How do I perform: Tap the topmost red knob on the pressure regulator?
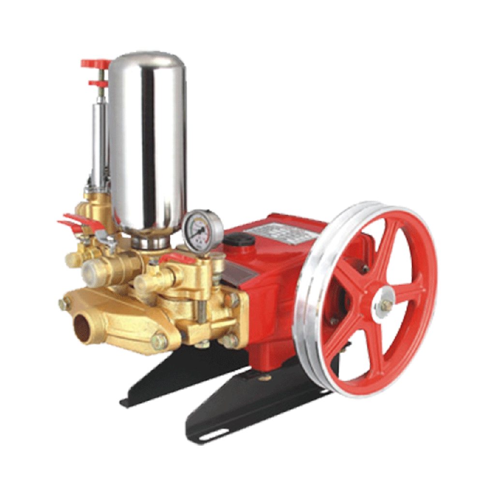[x=96, y=63]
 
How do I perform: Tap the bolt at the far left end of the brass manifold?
[x=63, y=304]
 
